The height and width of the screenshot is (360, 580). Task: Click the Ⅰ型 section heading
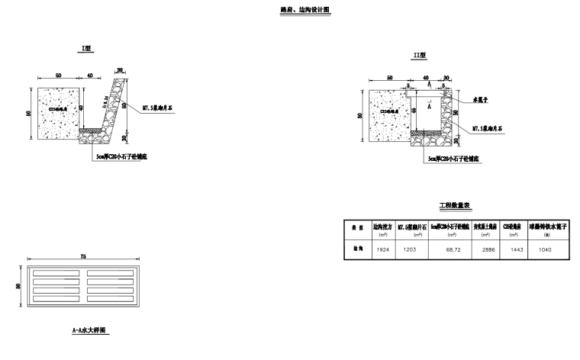[87, 48]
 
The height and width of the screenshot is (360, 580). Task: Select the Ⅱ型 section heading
[418, 56]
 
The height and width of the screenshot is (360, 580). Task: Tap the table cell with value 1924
[382, 249]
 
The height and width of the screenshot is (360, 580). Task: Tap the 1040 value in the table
[545, 249]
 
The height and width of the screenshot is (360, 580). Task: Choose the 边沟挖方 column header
[382, 227]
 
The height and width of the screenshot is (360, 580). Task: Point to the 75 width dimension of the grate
[82, 258]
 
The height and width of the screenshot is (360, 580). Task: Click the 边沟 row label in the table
[356, 249]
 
